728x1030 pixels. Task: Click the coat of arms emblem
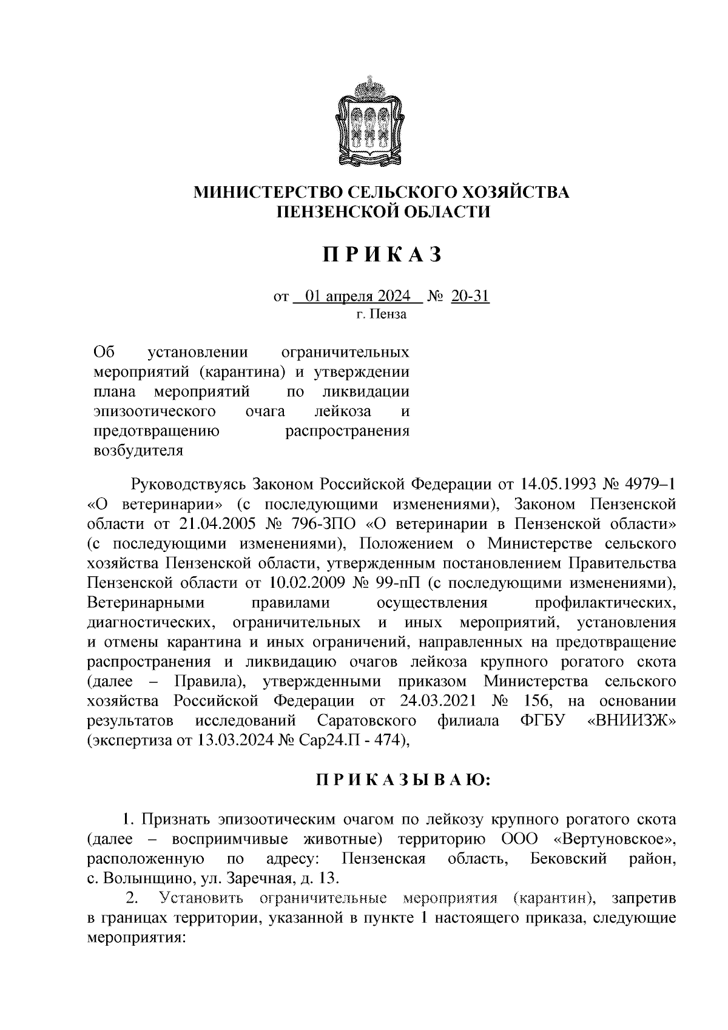tap(369, 121)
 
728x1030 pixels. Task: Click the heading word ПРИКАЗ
tap(382, 255)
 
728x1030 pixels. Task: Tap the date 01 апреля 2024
tap(358, 297)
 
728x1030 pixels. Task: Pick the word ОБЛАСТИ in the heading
tap(444, 211)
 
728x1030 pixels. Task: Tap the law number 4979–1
tap(649, 485)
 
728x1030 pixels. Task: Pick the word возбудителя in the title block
tap(137, 450)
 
